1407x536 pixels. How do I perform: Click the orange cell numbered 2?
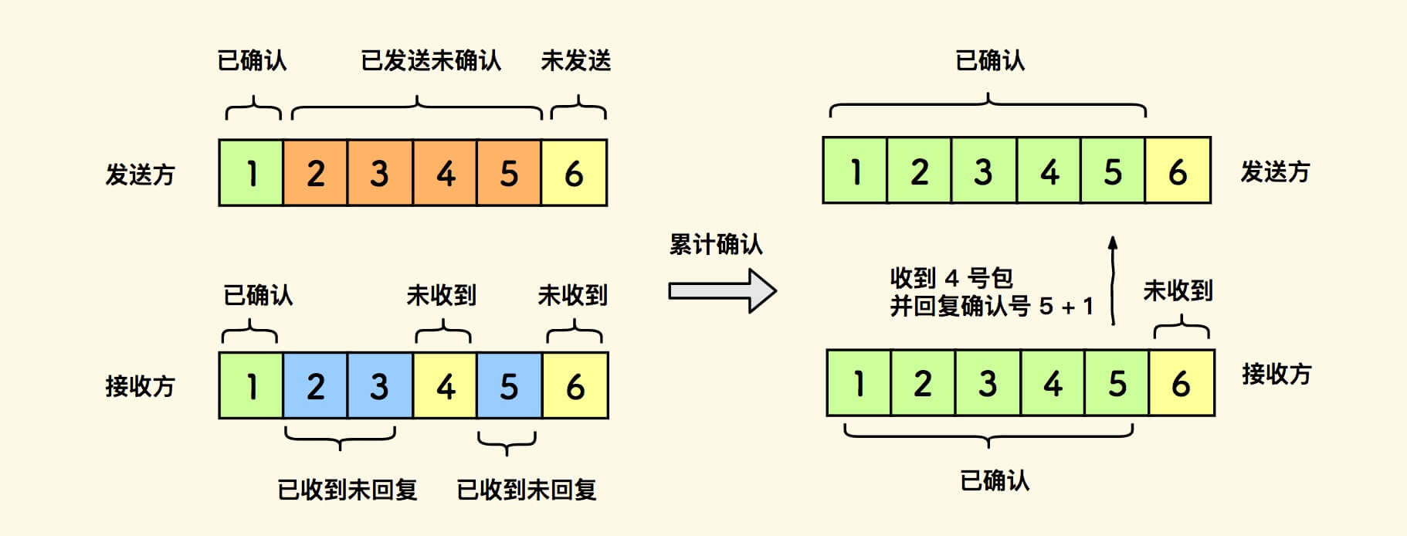(315, 173)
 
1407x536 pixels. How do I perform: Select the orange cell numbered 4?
(445, 173)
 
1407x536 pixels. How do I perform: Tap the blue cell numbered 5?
(509, 385)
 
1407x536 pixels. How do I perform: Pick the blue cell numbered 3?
(379, 385)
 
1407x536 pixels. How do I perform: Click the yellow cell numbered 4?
(445, 385)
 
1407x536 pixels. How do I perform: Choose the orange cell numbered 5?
(509, 173)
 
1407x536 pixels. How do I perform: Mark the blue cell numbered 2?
(315, 385)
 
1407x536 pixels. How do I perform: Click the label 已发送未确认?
(431, 60)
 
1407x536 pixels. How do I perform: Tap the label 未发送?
(576, 60)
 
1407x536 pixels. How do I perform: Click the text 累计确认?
(716, 245)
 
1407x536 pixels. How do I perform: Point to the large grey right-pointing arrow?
(722, 291)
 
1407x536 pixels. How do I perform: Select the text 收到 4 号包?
(951, 277)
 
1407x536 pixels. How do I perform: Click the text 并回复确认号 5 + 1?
(992, 307)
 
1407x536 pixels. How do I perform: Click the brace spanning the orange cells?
(417, 109)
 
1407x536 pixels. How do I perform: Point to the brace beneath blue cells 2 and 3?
(340, 438)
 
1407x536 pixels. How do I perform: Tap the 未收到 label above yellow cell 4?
(442, 295)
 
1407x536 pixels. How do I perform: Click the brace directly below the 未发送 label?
(578, 109)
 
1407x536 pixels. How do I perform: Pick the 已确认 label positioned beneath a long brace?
(995, 480)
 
